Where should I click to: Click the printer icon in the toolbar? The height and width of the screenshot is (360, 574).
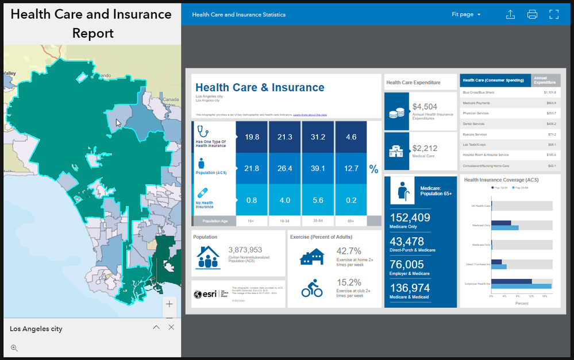(x=532, y=14)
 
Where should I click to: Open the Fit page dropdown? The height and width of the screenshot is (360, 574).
(x=466, y=14)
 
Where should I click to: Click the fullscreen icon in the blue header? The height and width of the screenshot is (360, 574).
(x=554, y=14)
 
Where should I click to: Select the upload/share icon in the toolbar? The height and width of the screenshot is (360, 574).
(x=510, y=14)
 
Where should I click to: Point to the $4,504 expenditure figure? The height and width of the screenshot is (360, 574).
(x=425, y=106)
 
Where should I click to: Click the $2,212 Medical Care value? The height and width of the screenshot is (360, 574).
(x=425, y=149)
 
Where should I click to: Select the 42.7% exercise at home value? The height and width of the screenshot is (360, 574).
(x=349, y=251)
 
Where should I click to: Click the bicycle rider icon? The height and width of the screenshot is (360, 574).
(x=312, y=288)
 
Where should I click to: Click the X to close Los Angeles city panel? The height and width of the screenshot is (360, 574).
(x=171, y=327)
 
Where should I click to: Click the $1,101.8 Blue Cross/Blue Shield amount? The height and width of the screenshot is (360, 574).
(x=549, y=92)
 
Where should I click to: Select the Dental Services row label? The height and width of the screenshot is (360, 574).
(x=475, y=124)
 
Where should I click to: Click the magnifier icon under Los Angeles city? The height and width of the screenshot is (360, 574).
(x=14, y=348)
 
